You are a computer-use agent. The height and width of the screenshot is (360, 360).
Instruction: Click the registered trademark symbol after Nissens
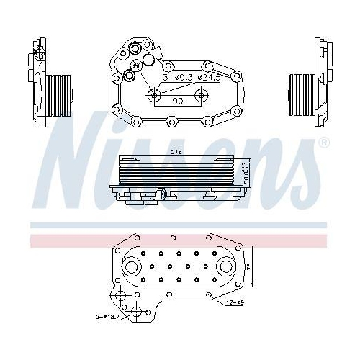[x=323, y=143]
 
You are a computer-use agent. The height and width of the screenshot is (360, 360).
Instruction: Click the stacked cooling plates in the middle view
[x=176, y=171]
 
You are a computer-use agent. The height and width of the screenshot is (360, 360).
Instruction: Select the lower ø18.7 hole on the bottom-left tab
[x=135, y=311]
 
